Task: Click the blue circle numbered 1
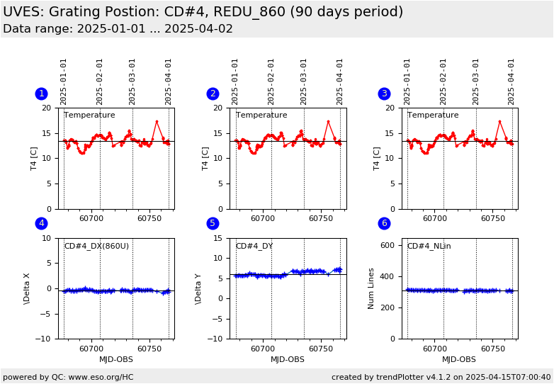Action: (41, 94)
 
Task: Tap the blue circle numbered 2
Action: (213, 94)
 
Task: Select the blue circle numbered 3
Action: (384, 94)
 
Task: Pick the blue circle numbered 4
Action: (41, 223)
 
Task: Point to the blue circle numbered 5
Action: (213, 223)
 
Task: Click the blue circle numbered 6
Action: (384, 223)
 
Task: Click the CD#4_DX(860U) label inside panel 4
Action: (96, 247)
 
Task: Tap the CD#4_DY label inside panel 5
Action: (254, 247)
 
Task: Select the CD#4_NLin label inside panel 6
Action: (429, 247)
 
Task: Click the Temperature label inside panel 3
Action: (433, 115)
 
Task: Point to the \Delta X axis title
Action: (27, 288)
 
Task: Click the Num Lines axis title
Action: (371, 288)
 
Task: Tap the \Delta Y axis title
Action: (198, 288)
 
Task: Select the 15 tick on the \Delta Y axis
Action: (219, 238)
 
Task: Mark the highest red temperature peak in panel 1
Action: (157, 121)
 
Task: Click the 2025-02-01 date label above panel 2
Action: (271, 81)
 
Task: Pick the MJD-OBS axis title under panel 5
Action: (288, 360)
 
